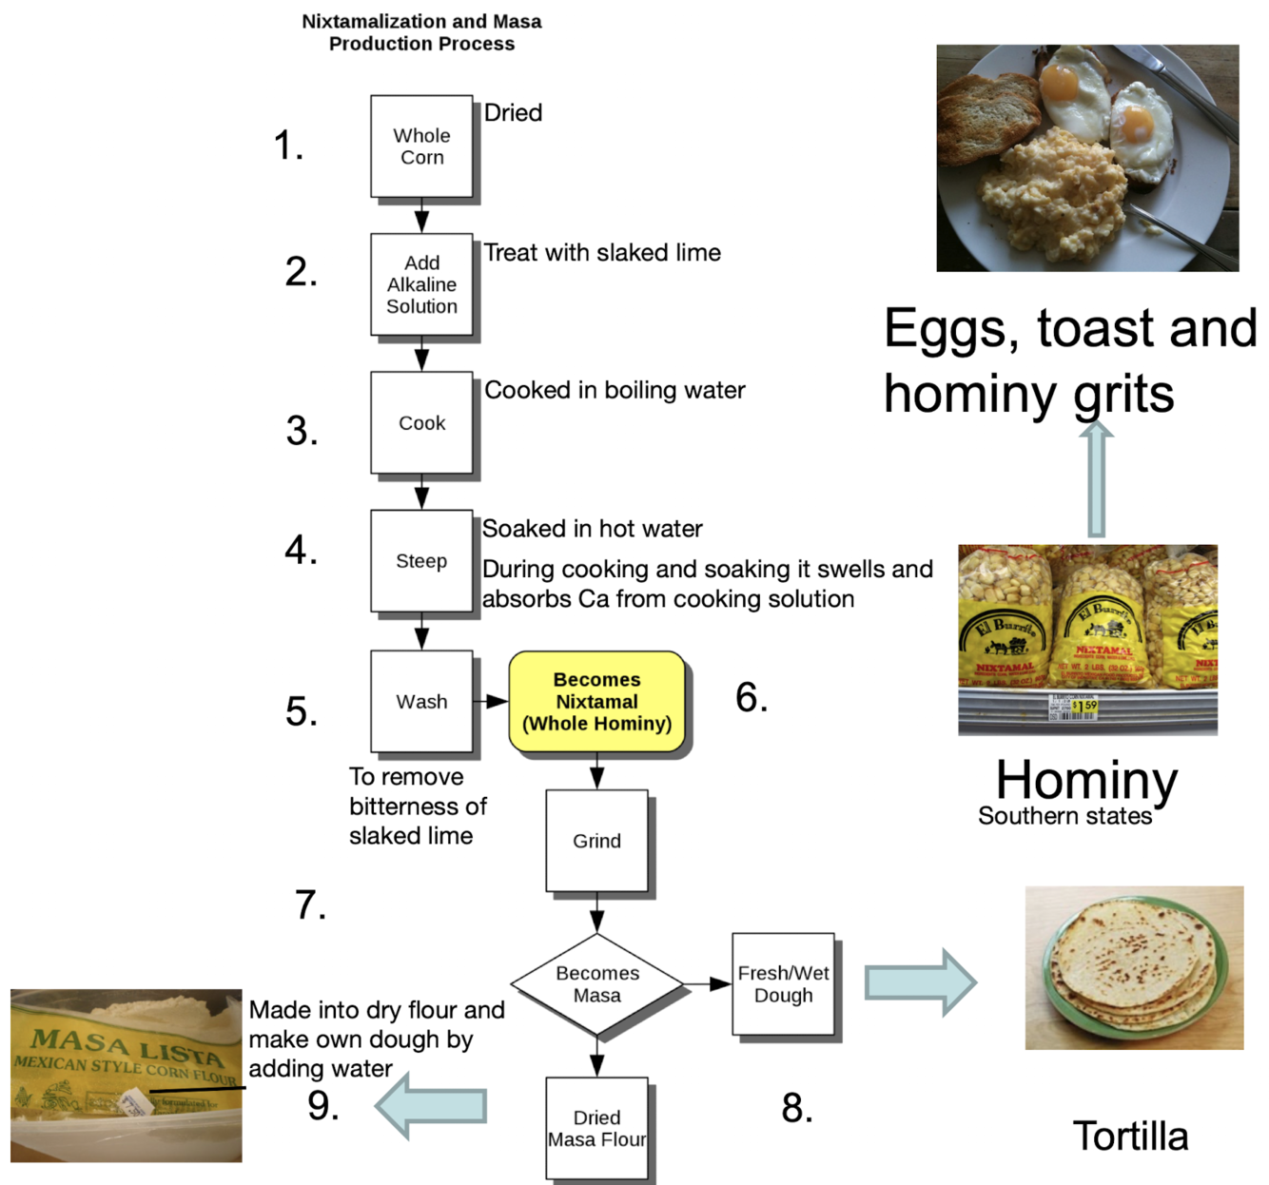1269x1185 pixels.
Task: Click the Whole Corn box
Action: point(421,146)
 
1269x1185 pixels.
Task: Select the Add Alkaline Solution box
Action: point(421,284)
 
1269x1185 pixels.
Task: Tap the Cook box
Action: point(421,422)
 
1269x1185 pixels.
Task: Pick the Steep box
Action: point(421,561)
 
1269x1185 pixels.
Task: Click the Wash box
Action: point(421,702)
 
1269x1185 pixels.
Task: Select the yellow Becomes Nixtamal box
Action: point(596,702)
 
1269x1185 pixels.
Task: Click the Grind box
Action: point(596,841)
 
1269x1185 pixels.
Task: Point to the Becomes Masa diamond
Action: point(596,984)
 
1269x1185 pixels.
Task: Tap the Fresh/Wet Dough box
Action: point(783,984)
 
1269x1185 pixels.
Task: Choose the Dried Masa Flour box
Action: point(596,1129)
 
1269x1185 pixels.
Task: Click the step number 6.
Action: point(752,698)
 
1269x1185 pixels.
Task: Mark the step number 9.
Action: point(323,1106)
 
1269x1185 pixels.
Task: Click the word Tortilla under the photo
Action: point(1130,1136)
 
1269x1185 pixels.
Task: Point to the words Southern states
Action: point(1064,816)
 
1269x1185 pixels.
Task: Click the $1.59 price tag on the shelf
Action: point(1084,706)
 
